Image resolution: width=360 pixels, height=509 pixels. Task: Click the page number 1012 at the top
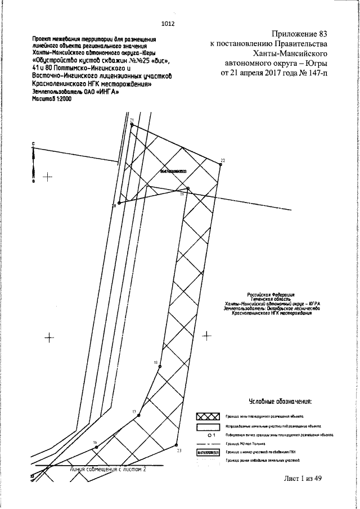(168, 24)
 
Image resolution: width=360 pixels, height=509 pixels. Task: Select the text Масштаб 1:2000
(52, 98)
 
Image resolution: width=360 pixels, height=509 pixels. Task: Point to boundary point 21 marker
(132, 125)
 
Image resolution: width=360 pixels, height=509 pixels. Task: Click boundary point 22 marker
(219, 164)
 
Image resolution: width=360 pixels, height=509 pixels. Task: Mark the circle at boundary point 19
(188, 188)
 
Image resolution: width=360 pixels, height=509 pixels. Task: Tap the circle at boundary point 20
(119, 202)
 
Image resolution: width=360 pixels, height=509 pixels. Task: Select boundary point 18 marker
(160, 366)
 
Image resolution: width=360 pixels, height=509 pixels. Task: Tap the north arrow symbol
(33, 163)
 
